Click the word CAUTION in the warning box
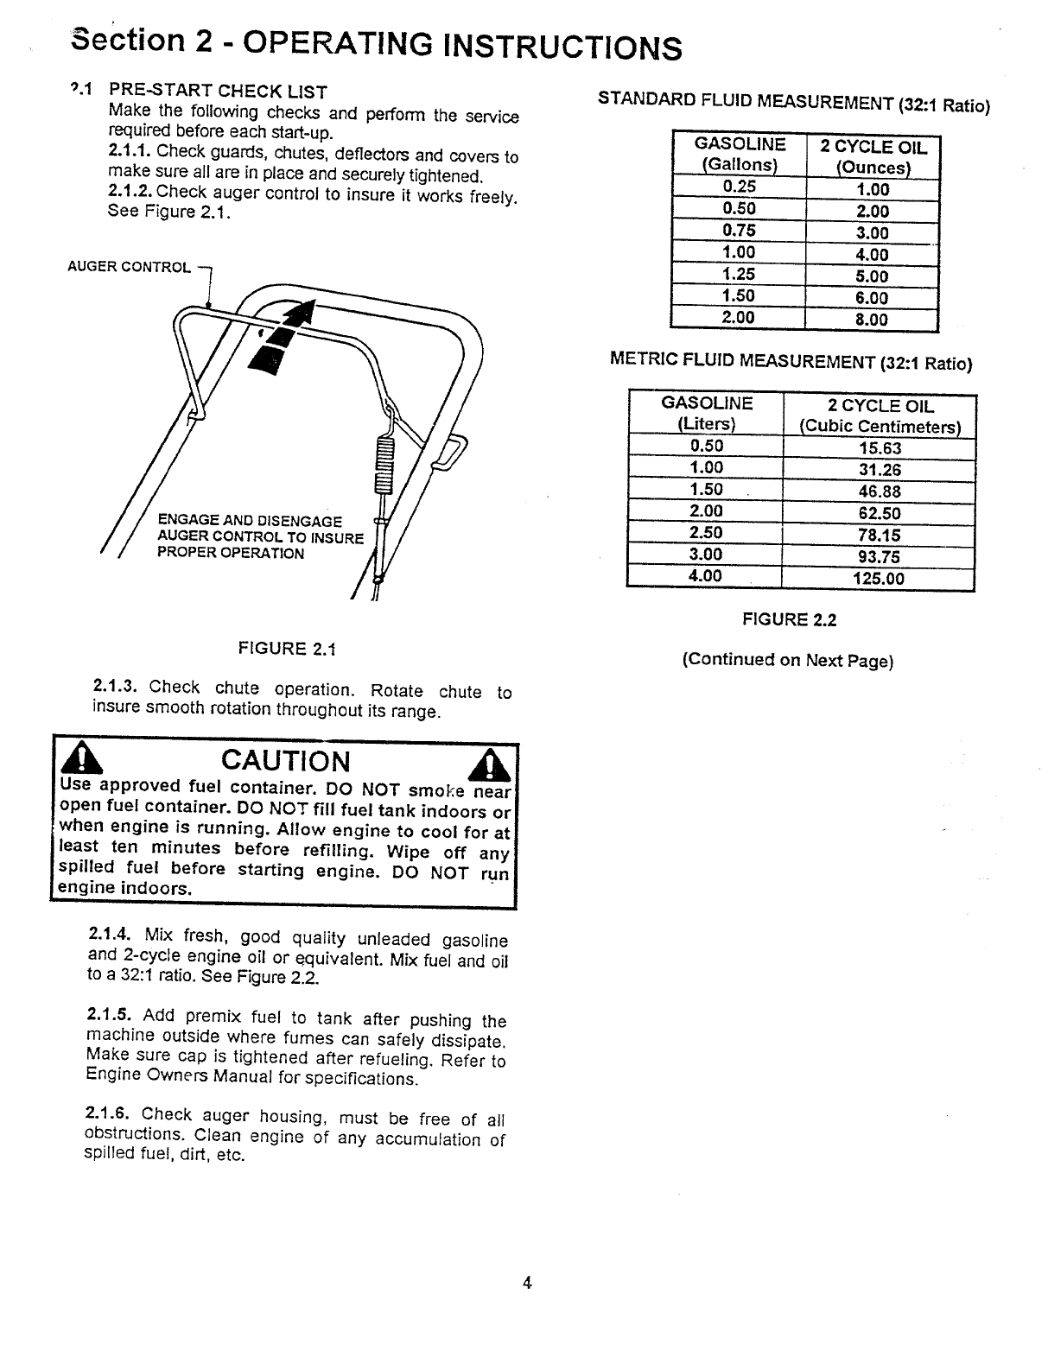click(x=286, y=761)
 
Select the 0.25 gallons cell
click(x=739, y=187)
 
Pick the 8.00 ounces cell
click(x=872, y=320)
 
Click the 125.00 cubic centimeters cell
click(x=879, y=579)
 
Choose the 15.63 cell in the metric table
click(x=880, y=448)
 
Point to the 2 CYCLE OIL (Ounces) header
click(x=873, y=157)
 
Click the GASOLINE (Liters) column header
click(x=707, y=414)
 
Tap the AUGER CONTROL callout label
click(x=129, y=267)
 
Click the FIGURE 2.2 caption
click(x=790, y=619)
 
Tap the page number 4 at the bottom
click(x=527, y=1283)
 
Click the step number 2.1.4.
click(x=110, y=935)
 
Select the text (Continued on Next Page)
click(x=788, y=661)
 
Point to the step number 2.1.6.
click(x=107, y=1113)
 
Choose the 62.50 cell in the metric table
click(x=880, y=514)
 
